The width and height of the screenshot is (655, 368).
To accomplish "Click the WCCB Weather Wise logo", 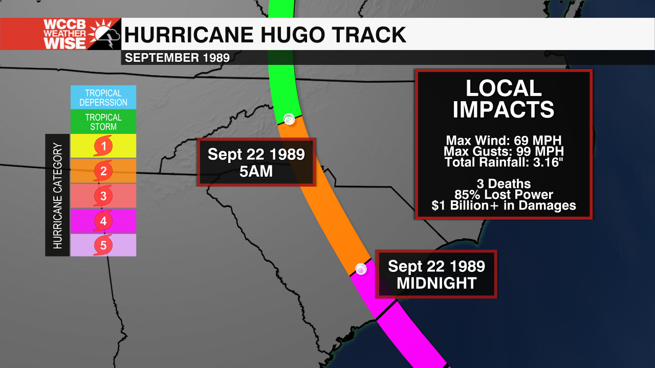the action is click(x=60, y=34).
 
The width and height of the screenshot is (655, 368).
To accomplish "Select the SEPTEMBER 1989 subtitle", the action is click(x=177, y=58).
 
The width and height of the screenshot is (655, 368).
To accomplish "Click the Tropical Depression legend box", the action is click(x=103, y=97).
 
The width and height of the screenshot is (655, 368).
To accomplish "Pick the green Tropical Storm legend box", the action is click(x=103, y=122).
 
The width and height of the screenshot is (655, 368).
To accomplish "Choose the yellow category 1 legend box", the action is click(x=103, y=147).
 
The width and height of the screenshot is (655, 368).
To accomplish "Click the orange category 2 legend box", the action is click(x=103, y=171).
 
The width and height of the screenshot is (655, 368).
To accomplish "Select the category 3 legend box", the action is click(x=103, y=196).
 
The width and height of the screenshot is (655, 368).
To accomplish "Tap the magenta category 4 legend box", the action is click(x=103, y=221).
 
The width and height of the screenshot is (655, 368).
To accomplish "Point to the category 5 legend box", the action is click(x=103, y=245).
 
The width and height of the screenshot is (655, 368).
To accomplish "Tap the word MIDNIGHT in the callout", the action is click(x=436, y=283).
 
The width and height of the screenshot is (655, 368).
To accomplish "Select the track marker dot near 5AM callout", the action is click(x=289, y=119).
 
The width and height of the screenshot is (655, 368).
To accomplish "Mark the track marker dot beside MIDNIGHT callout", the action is click(x=361, y=269).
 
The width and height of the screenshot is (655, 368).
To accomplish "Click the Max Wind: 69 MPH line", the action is click(x=504, y=141).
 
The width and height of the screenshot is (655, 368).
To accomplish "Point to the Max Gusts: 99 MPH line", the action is click(x=504, y=152).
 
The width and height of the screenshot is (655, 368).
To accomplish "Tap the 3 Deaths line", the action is click(x=504, y=183).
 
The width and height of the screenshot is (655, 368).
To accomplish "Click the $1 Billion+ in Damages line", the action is click(x=504, y=205).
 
